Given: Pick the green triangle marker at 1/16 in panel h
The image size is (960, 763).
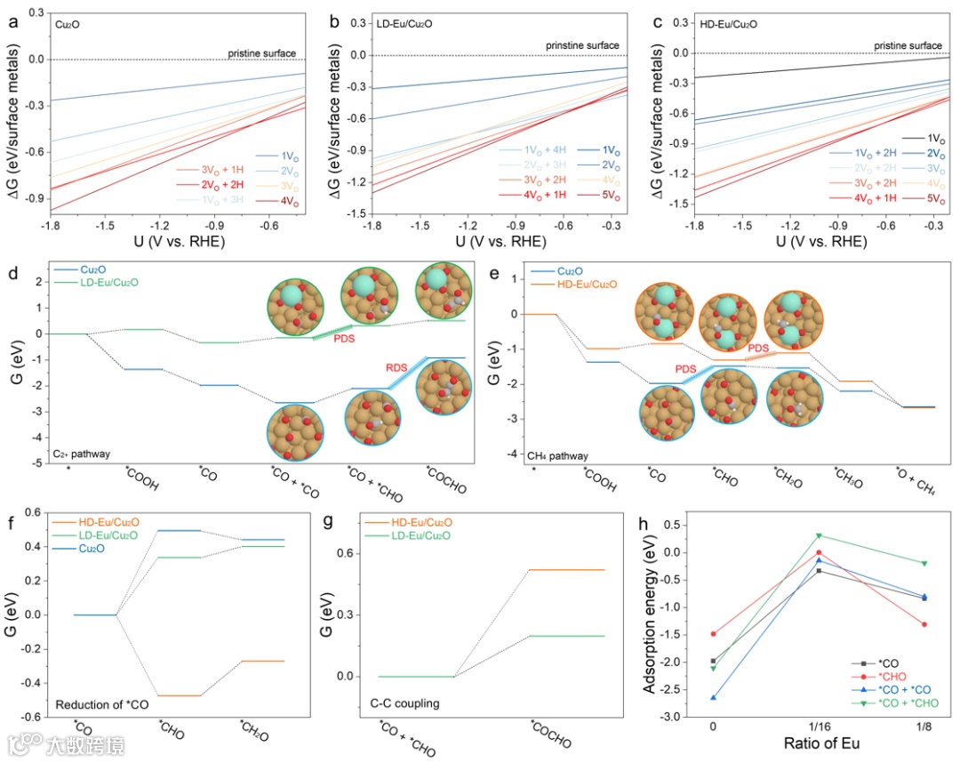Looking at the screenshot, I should point(793,535).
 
